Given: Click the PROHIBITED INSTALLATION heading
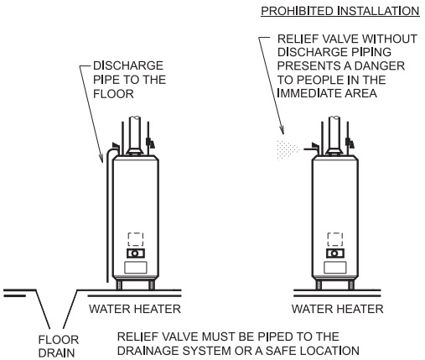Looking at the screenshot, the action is pyautogui.click(x=340, y=11).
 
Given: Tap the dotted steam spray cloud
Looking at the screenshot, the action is pyautogui.click(x=288, y=149).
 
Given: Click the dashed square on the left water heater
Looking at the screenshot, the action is pyautogui.click(x=136, y=239).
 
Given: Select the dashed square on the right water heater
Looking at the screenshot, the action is pyautogui.click(x=335, y=239).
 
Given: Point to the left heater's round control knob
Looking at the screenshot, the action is pyautogui.click(x=135, y=253).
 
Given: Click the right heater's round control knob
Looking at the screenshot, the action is pyautogui.click(x=334, y=253).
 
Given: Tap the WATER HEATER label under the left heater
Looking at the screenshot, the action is pyautogui.click(x=135, y=309).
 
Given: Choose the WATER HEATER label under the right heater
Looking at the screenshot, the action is pyautogui.click(x=337, y=309).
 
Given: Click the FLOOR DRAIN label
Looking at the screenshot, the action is pyautogui.click(x=59, y=347).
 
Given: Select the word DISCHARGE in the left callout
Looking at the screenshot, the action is pyautogui.click(x=128, y=65).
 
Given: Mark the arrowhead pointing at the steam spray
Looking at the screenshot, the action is pyautogui.click(x=282, y=130).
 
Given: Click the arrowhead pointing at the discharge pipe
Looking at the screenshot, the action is pyautogui.click(x=101, y=159).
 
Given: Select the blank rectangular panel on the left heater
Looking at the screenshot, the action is pyautogui.click(x=136, y=268).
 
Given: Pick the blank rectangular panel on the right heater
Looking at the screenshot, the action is pyautogui.click(x=335, y=268).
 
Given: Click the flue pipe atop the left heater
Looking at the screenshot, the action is pyautogui.click(x=135, y=134).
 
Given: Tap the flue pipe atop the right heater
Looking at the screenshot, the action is pyautogui.click(x=334, y=134).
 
